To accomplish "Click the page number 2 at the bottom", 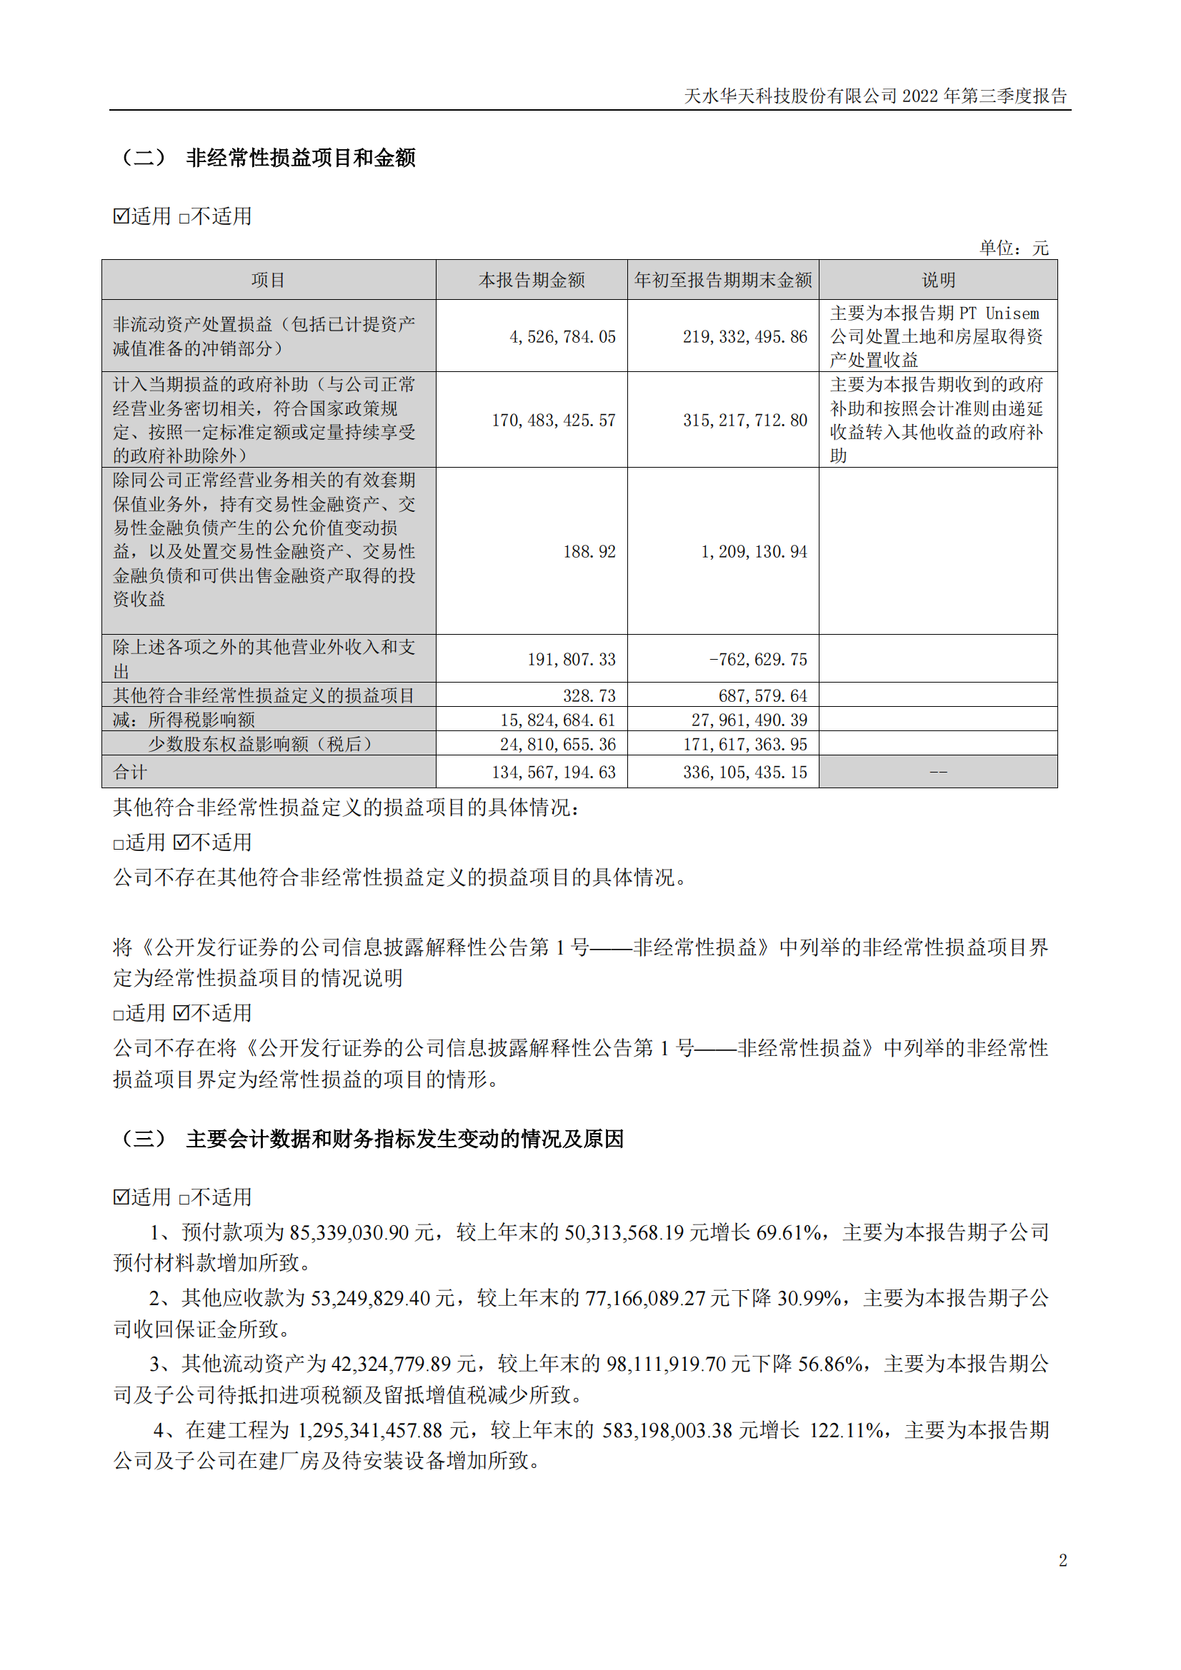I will (1062, 1560).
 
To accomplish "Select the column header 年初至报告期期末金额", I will (722, 280).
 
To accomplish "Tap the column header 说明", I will (938, 280).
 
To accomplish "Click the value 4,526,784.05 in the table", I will (562, 337).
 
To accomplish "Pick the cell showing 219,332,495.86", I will (744, 337).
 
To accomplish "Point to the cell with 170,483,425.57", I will (553, 421).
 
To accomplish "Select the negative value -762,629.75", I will (757, 660).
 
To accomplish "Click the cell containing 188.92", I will (589, 552).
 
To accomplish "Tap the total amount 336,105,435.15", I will (744, 773).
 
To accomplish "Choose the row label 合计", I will (130, 773).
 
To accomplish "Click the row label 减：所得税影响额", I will (184, 720).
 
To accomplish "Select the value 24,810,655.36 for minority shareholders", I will (557, 745).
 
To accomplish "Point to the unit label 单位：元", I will (1014, 248).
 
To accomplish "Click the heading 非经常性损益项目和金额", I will (301, 158).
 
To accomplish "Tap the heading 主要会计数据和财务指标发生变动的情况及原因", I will (404, 1139).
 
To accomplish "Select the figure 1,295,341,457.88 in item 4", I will (369, 1430).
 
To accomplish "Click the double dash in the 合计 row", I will (938, 773).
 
